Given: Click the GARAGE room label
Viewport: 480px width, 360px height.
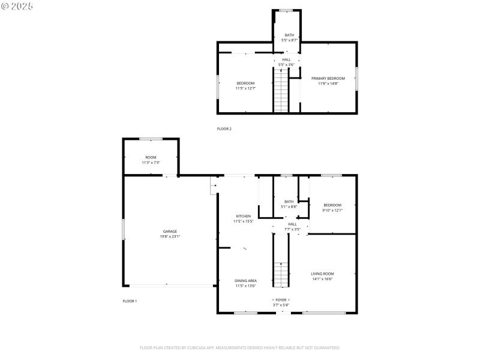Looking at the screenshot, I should [170, 231].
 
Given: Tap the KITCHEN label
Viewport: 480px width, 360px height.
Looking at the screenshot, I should [243, 216].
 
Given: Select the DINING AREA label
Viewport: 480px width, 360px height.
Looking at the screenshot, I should [246, 281].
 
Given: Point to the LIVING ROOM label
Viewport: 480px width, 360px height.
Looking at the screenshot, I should [322, 274].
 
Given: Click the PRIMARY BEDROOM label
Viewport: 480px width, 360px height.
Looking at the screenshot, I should [328, 79].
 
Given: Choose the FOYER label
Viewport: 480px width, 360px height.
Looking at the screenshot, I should [281, 300].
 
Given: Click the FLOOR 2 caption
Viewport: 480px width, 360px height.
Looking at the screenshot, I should [224, 129].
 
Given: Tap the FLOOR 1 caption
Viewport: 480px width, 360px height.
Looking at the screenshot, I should [130, 301].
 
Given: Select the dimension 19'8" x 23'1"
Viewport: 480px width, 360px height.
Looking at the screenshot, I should [170, 236].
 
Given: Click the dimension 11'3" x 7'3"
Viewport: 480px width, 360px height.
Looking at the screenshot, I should [151, 163].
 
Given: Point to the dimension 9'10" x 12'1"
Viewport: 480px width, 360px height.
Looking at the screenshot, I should [332, 210].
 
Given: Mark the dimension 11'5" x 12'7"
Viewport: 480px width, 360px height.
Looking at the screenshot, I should [245, 88].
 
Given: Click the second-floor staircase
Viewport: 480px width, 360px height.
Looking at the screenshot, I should [281, 90].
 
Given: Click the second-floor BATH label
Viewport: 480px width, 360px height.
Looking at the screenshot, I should [289, 35].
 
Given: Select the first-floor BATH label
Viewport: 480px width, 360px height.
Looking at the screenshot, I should [289, 202].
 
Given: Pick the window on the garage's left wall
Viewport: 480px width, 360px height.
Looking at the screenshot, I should [124, 231].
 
